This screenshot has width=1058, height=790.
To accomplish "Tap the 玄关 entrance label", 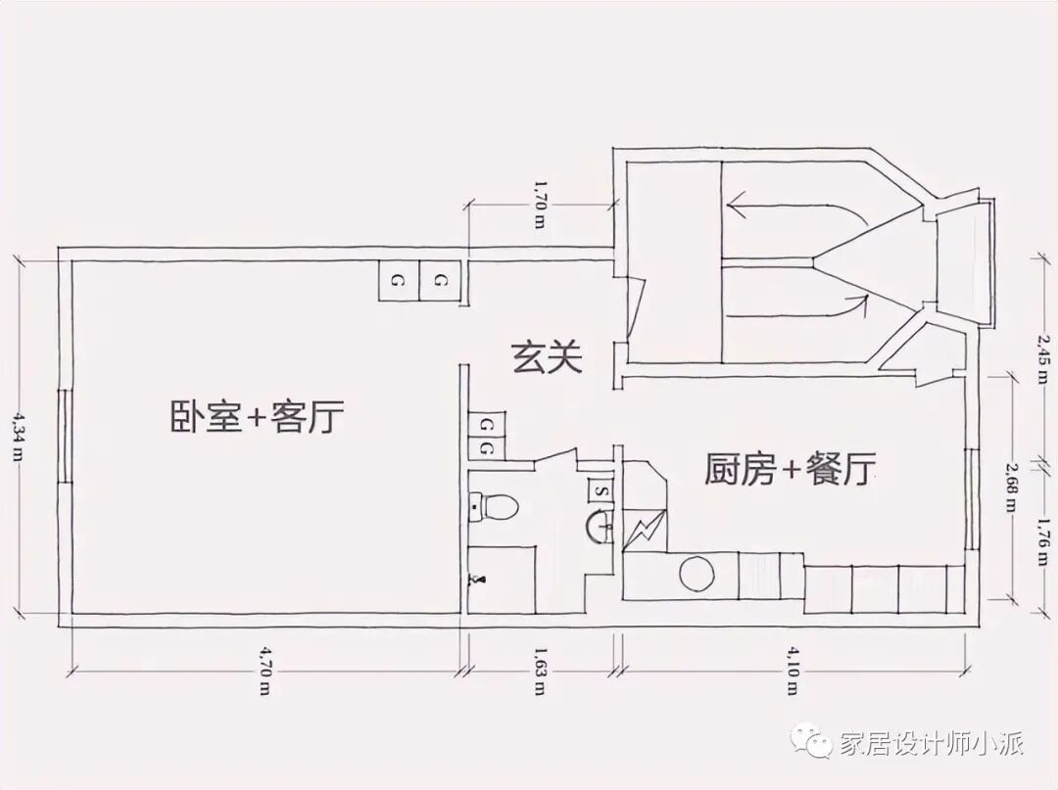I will (547, 358).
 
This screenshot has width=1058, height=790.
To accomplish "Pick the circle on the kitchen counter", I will (698, 574).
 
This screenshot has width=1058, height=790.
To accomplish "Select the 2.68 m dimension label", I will (1010, 489).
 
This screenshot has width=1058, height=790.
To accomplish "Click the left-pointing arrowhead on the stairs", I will (736, 207).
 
